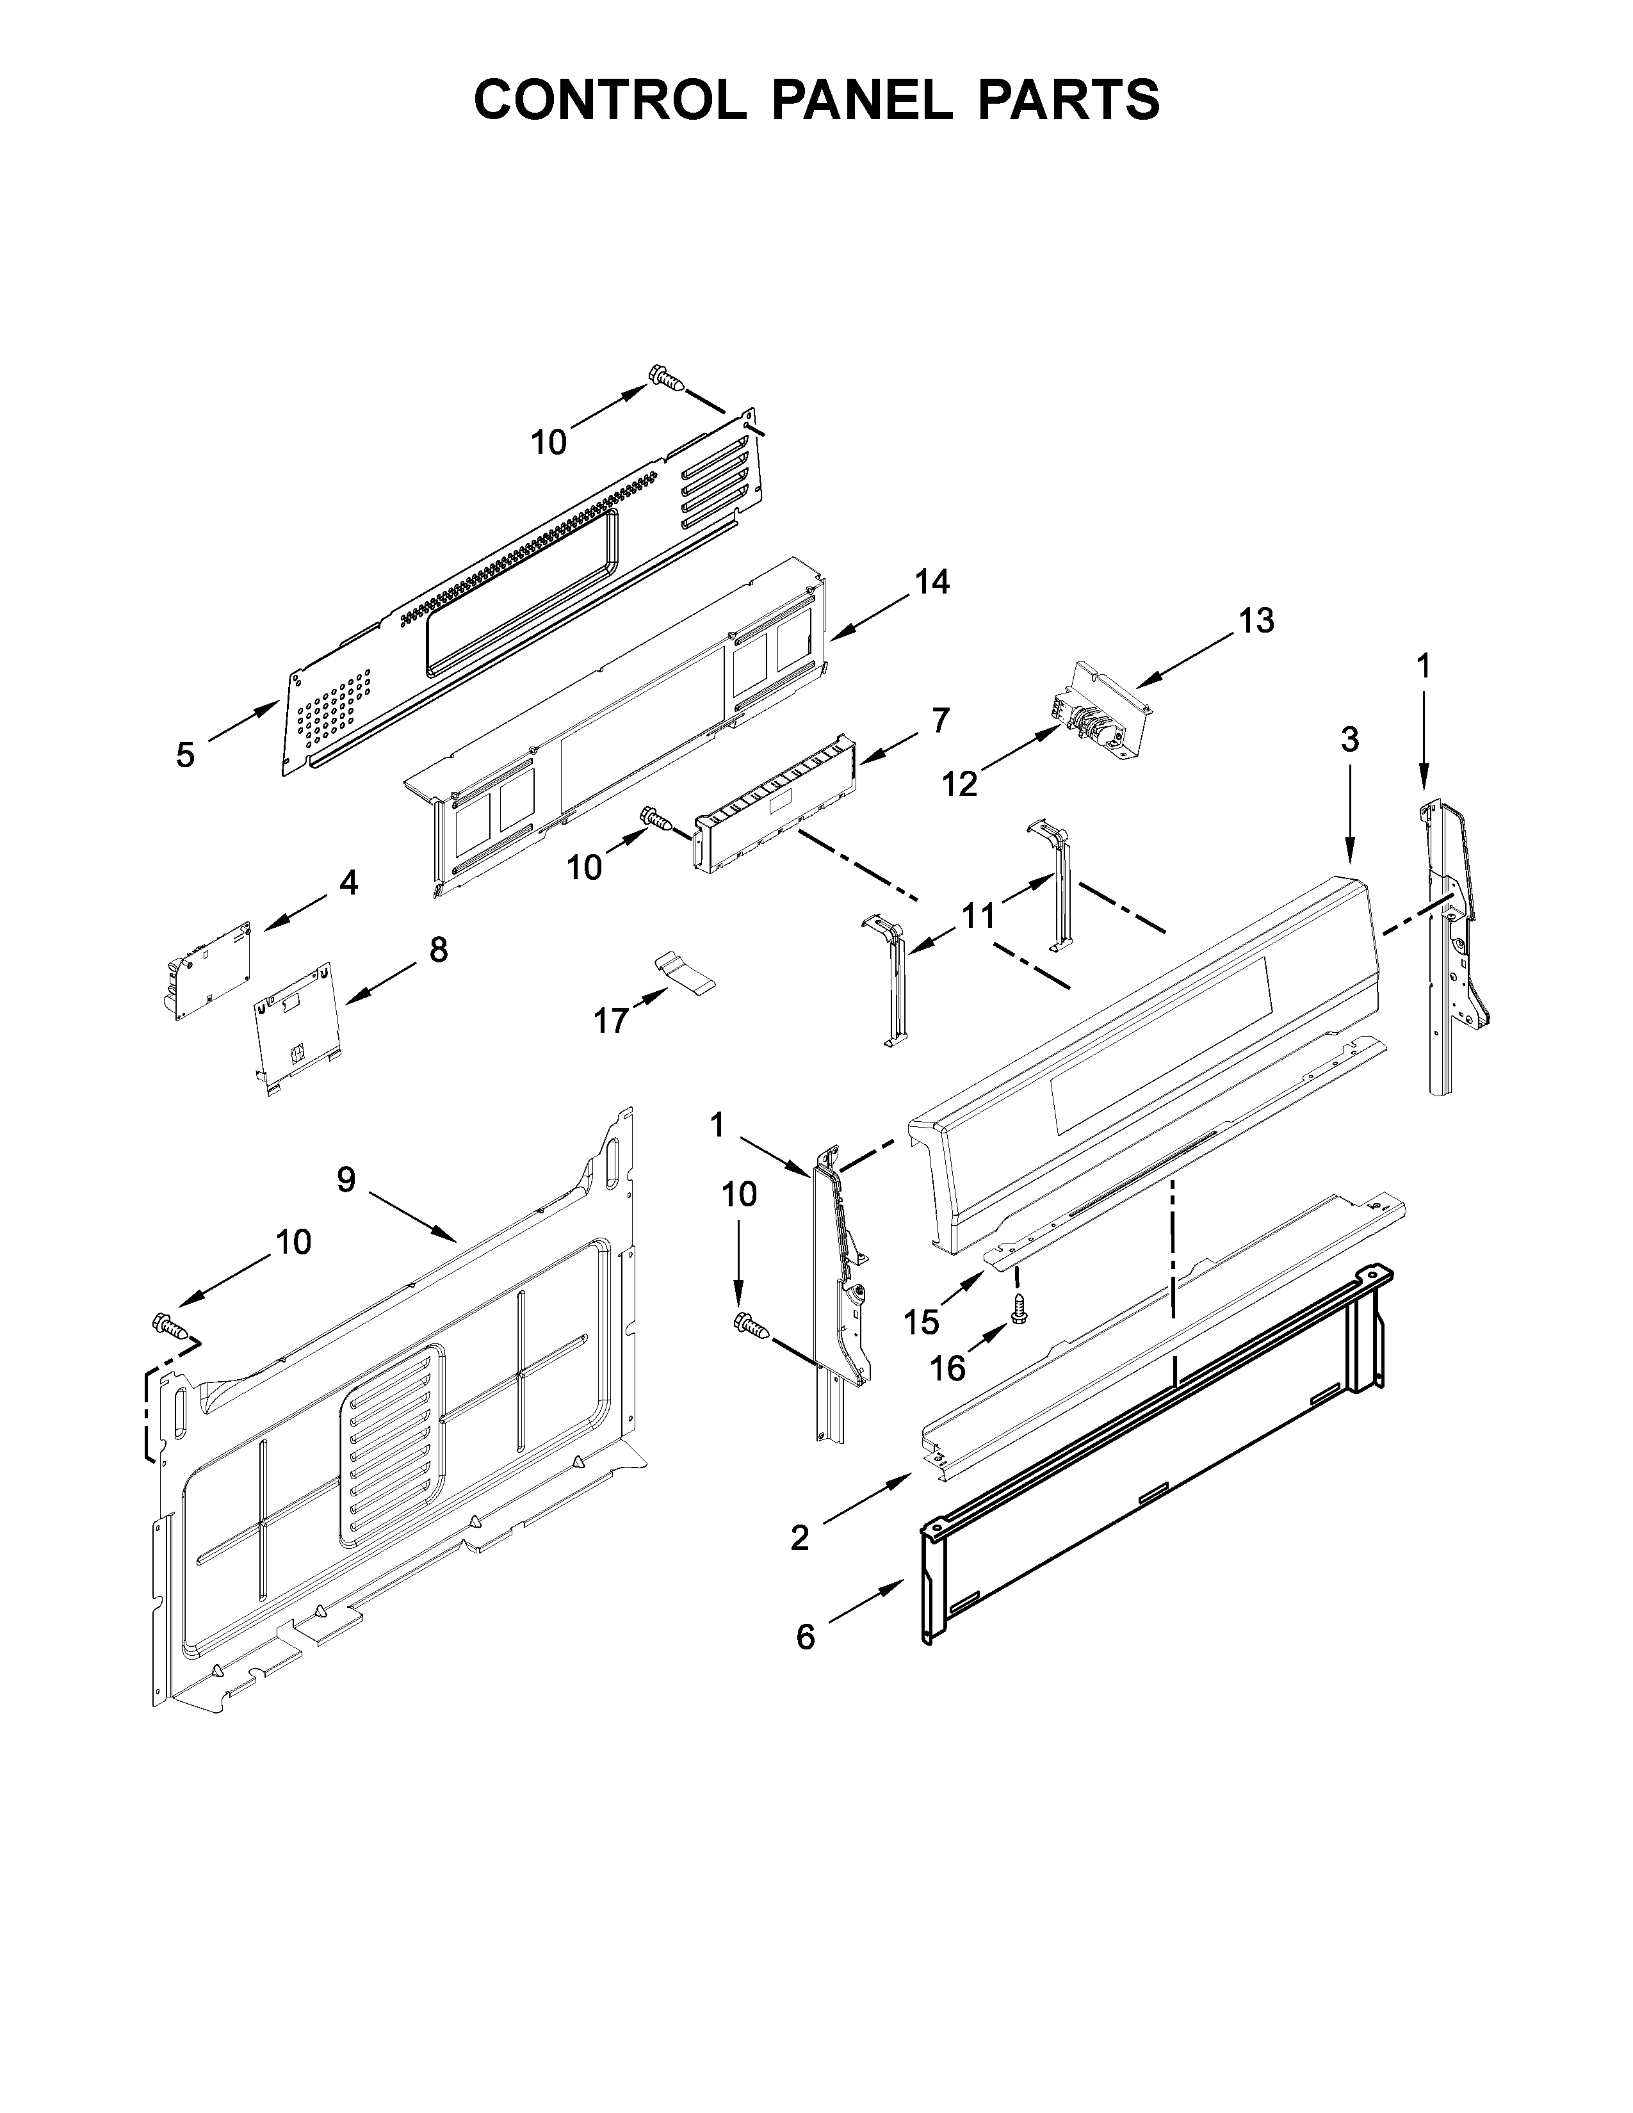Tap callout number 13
point(1256,620)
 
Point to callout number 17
point(610,1020)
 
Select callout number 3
point(1349,740)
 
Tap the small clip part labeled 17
point(684,971)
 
